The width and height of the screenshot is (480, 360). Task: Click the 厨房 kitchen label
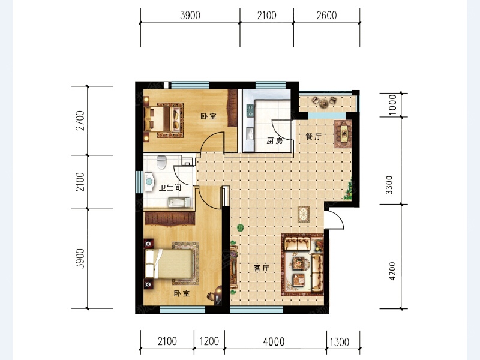[x=275, y=140]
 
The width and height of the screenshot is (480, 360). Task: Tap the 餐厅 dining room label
[x=314, y=137]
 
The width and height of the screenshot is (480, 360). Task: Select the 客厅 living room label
[x=262, y=268]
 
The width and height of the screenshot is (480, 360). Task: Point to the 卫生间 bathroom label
[x=170, y=188]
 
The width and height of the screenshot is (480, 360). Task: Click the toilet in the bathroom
[x=161, y=162]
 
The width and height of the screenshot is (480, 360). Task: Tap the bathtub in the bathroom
[x=179, y=202]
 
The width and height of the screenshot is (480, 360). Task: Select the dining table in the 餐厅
[x=343, y=134]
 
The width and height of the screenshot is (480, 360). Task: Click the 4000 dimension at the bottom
[x=274, y=341]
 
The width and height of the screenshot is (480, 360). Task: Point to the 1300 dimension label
[x=340, y=342]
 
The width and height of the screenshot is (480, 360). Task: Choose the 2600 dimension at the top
[x=326, y=16]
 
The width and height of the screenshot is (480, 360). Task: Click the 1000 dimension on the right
[x=392, y=104]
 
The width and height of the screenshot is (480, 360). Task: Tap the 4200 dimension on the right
[x=392, y=271]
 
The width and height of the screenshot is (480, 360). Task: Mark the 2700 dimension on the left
[x=80, y=121]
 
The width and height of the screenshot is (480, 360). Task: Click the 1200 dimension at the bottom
[x=209, y=341]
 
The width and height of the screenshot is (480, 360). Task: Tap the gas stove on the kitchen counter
[x=250, y=110]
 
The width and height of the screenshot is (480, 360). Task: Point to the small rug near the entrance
[x=304, y=214]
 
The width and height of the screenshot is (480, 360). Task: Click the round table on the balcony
[x=323, y=104]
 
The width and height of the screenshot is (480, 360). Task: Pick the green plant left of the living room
[x=241, y=228]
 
